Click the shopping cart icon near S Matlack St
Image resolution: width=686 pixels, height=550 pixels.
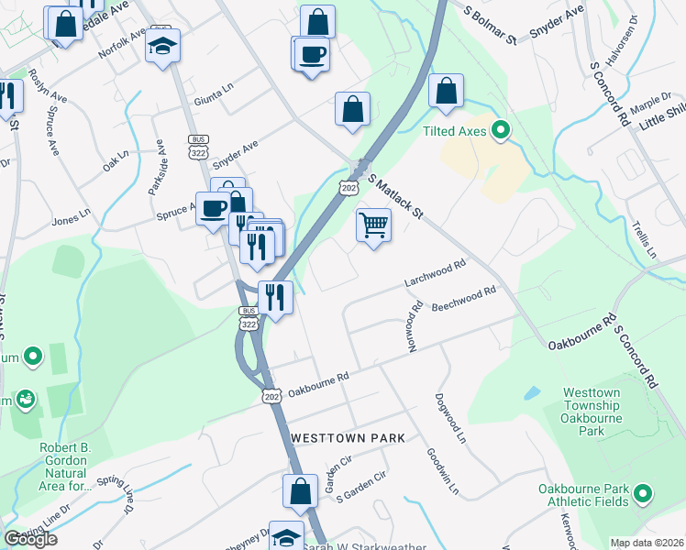pos(373,225)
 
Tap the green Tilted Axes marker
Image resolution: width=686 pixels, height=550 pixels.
pos(500,132)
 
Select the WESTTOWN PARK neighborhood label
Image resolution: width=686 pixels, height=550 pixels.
pos(348,439)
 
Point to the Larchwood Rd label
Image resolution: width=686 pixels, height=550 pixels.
pos(437,274)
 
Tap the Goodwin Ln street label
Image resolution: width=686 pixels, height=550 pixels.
pos(442,471)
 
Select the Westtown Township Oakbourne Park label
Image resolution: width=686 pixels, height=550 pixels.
pos(593,412)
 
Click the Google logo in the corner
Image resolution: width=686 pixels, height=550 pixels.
pos(30,539)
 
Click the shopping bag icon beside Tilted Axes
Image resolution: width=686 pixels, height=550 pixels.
pos(446,92)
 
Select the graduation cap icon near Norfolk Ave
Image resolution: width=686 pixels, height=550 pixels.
pos(163,46)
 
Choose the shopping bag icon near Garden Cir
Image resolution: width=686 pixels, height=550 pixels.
pos(300,492)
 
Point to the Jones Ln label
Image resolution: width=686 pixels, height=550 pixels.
pos(72,217)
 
